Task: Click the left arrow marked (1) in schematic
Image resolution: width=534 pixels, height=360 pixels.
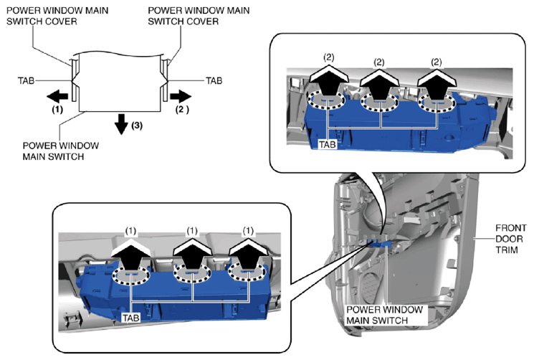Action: click(x=59, y=95)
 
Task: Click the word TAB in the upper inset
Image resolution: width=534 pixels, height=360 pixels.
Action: click(x=328, y=143)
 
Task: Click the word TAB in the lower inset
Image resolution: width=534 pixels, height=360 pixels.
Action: click(x=130, y=316)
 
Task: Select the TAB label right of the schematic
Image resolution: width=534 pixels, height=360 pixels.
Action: click(x=214, y=81)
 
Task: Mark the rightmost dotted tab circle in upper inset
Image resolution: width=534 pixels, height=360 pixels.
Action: click(x=435, y=105)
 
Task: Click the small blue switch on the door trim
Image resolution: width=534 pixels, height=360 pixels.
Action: click(x=379, y=244)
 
